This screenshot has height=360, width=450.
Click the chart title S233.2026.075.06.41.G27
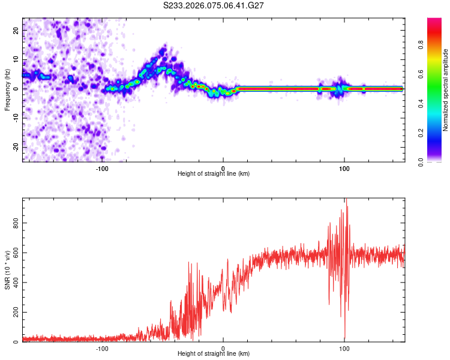[214, 5]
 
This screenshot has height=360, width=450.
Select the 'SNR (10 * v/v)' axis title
[7, 270]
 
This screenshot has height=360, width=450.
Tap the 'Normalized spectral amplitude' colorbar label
[446, 90]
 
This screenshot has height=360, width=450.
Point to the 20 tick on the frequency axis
[16, 29]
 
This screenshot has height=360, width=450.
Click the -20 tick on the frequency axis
[14, 147]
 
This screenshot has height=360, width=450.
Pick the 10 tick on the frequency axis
[16, 59]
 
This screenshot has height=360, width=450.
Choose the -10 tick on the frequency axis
[14, 118]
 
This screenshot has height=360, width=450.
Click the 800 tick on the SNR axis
[13, 223]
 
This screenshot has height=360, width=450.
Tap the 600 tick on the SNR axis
[13, 253]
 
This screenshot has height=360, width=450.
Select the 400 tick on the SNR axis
[13, 283]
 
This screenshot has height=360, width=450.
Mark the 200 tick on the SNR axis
[13, 313]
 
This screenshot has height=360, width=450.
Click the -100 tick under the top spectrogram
[102, 168]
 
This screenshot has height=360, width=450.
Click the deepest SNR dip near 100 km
[344, 339]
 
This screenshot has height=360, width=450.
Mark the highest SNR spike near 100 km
[346, 200]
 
